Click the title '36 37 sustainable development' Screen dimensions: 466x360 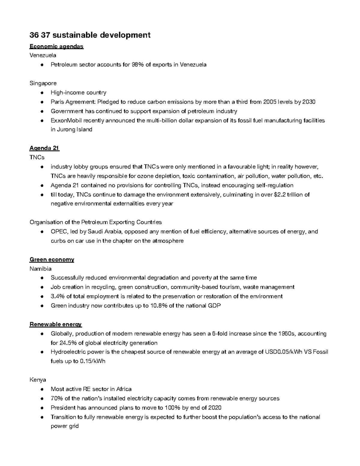coord(90,35)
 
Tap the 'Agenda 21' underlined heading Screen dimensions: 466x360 coord(44,148)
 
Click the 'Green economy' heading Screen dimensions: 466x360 coord(52,259)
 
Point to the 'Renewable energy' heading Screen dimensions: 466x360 coord(55,324)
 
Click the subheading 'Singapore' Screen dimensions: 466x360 coord(43,83)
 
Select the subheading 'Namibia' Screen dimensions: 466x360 coord(40,269)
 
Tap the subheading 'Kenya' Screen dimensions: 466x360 coord(37,380)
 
